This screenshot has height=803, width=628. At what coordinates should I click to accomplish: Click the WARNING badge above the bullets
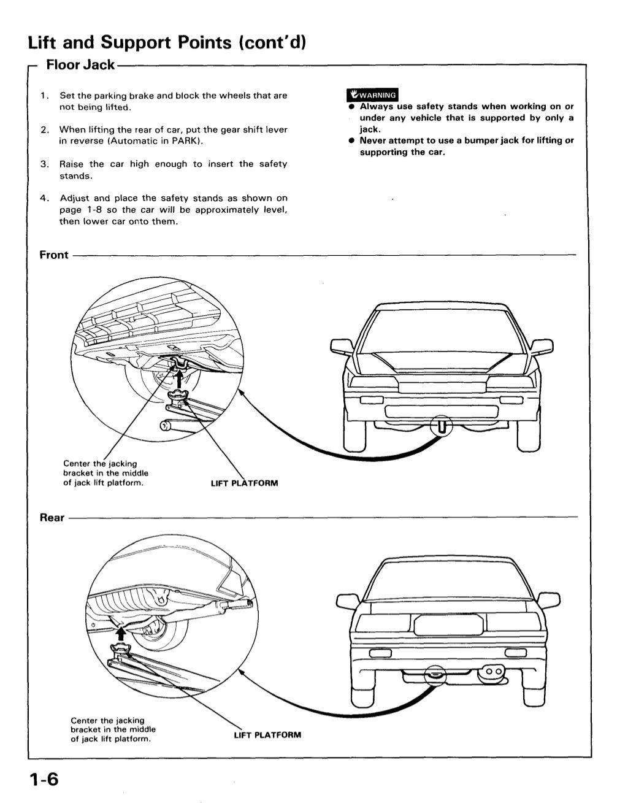[x=372, y=95]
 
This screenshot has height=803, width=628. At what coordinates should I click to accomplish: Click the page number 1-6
[x=43, y=780]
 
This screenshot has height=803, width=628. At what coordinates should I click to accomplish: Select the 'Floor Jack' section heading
[x=80, y=64]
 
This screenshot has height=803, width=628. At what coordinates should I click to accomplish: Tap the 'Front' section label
[x=54, y=255]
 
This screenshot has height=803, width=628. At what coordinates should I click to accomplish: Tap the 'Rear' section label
[x=52, y=518]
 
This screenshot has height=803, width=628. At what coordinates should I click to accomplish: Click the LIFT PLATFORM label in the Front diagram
[x=244, y=483]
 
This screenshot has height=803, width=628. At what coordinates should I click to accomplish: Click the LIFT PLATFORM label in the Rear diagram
[x=267, y=734]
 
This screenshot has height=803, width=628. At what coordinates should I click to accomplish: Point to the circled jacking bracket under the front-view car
[x=442, y=425]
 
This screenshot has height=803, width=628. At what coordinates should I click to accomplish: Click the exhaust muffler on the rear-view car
[x=492, y=672]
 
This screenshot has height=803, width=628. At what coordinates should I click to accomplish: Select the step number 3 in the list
[x=44, y=164]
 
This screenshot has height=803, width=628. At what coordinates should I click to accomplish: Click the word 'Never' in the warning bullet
[x=373, y=140]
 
